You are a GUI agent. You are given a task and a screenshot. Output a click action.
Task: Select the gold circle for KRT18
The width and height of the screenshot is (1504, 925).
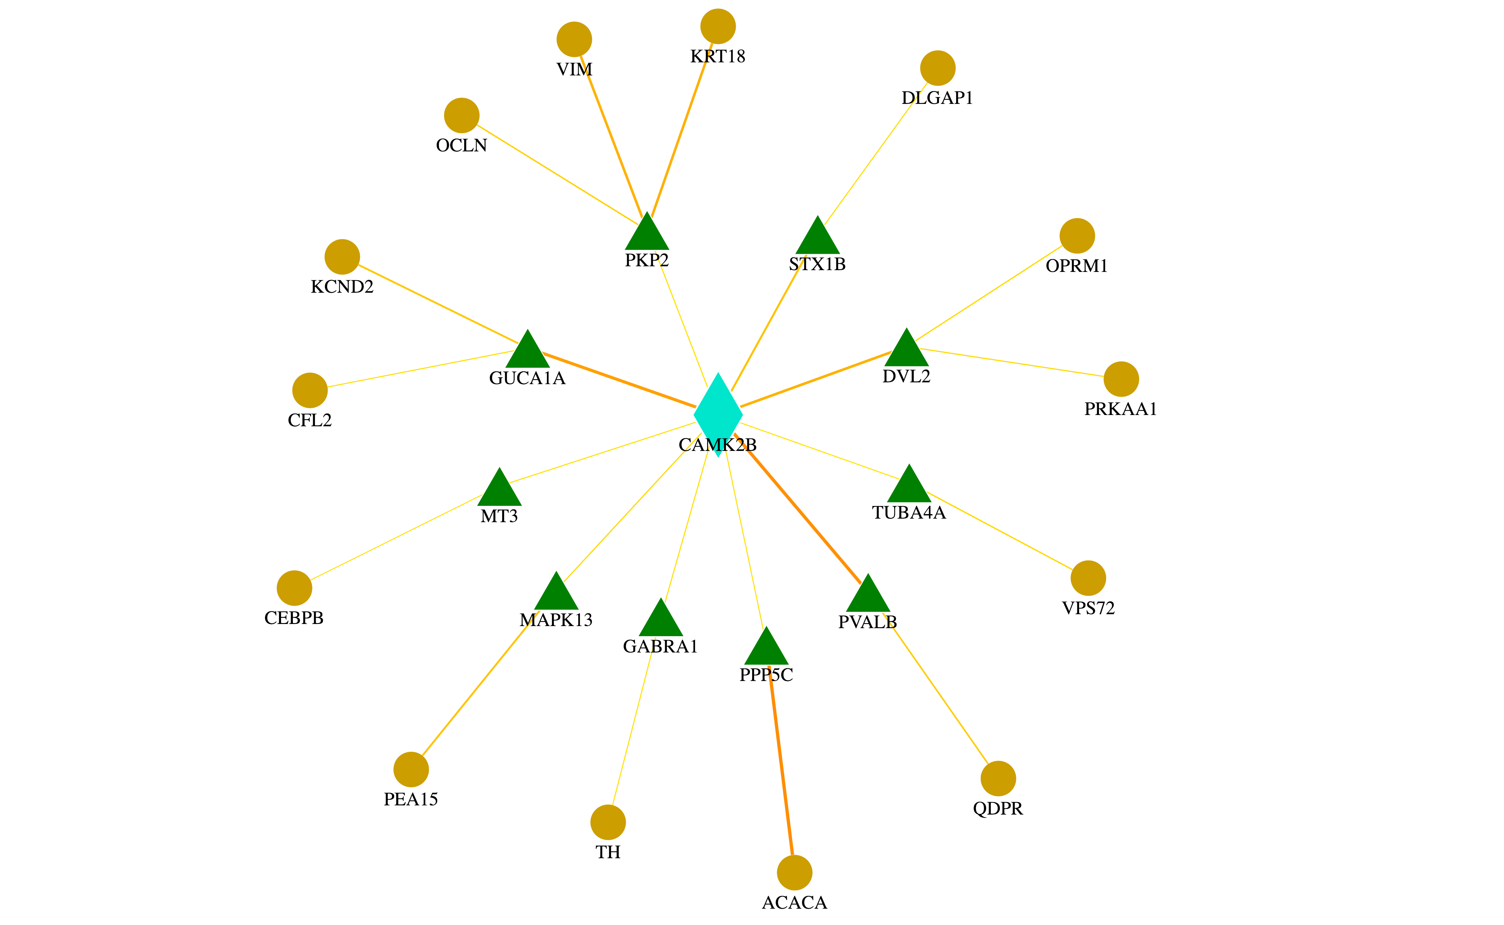[718, 26]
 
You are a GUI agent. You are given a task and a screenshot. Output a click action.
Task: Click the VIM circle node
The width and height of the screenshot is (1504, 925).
[574, 39]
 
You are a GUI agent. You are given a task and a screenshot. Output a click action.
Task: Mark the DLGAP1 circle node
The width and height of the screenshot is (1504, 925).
[938, 68]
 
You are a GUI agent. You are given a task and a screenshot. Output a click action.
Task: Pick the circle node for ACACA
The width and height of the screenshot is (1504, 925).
[794, 872]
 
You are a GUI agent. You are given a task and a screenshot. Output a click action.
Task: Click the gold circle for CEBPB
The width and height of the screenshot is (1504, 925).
[294, 588]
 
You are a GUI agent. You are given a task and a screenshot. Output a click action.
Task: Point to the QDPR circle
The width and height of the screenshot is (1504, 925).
[998, 778]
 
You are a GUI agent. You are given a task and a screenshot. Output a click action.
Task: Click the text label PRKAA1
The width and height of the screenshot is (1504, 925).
[1121, 409]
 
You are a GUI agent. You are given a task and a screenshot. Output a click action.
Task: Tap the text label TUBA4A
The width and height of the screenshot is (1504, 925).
[909, 513]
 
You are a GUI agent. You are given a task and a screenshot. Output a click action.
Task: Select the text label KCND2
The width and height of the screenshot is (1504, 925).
[342, 287]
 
